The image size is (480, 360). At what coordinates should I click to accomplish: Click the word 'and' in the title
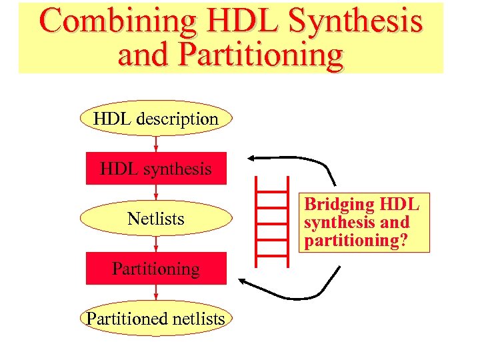141,55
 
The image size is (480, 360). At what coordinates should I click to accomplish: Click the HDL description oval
156,119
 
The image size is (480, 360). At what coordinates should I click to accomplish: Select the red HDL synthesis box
156,169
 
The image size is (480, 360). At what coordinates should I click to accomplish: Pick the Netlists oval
156,219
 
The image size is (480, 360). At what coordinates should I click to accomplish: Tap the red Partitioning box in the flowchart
156,269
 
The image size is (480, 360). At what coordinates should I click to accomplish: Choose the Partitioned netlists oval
156,319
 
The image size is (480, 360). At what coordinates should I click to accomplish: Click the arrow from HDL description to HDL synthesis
156,144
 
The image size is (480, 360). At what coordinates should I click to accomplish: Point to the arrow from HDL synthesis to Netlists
156,194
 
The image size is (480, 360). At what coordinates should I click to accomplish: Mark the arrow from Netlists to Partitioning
156,244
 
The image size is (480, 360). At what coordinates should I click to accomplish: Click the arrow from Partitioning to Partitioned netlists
156,294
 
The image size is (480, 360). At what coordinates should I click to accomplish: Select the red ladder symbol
273,217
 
